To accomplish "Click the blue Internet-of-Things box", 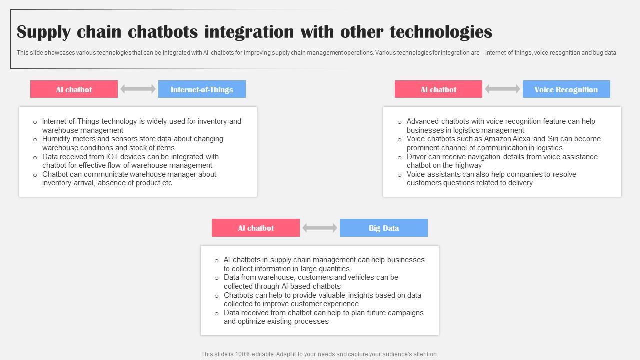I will pyautogui.click(x=202, y=89).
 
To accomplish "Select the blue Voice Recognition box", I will pyautogui.click(x=566, y=89).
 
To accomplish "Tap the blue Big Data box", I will pyautogui.click(x=384, y=228).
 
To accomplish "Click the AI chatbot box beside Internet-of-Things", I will pyautogui.click(x=74, y=89).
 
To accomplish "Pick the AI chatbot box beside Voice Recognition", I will pyautogui.click(x=438, y=89).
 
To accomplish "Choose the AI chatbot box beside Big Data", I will pyautogui.click(x=256, y=228).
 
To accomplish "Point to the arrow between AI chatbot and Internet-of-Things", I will pyautogui.click(x=138, y=89).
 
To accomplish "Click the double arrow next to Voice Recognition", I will pyautogui.click(x=502, y=89).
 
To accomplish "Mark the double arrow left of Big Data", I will pyautogui.click(x=320, y=228).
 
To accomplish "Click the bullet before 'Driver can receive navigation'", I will pyautogui.click(x=400, y=157).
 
